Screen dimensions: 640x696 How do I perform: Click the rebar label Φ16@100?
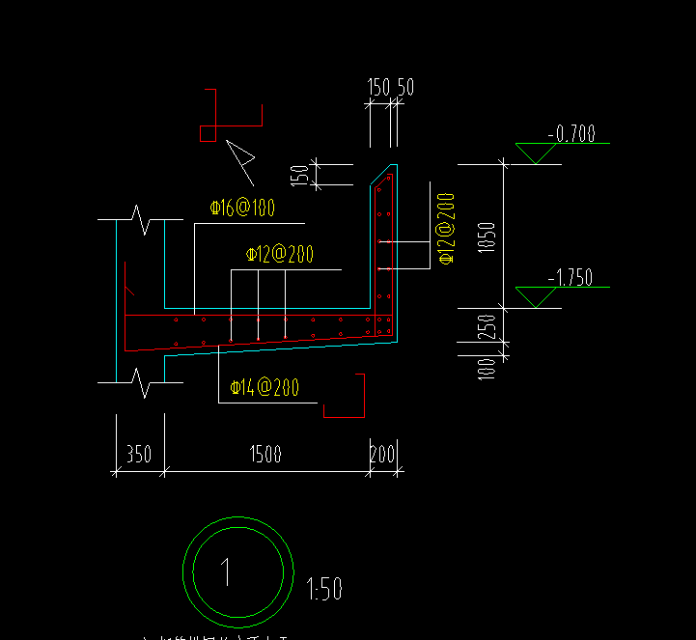pos(242,207)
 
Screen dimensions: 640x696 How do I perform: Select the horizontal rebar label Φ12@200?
pos(279,255)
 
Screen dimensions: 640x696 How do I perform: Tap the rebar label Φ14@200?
pos(264,388)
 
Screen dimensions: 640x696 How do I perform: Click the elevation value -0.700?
pos(571,134)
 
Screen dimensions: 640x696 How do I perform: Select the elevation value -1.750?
pos(570,279)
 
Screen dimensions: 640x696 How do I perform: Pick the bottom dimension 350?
pos(139,454)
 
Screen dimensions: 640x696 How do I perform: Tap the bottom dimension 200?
pos(383,454)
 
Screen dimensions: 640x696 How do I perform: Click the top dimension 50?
pos(404,88)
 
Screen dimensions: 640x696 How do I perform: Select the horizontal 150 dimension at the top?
pos(378,88)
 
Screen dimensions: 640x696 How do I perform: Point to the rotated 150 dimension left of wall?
pos(300,176)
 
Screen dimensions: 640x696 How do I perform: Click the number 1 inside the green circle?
pos(227,572)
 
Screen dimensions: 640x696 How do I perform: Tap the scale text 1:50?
pos(324,588)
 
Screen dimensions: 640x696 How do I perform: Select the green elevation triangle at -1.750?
pos(535,297)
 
